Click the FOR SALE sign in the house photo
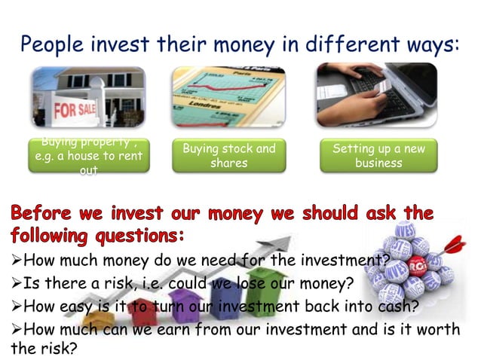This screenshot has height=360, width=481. point(74,111)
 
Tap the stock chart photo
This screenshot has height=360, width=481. point(229,96)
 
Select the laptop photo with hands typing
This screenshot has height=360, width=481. point(377,94)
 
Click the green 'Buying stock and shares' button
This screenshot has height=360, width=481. point(229,156)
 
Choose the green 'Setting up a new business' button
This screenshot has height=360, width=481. point(378,156)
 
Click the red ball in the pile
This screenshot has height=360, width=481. point(416,265)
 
